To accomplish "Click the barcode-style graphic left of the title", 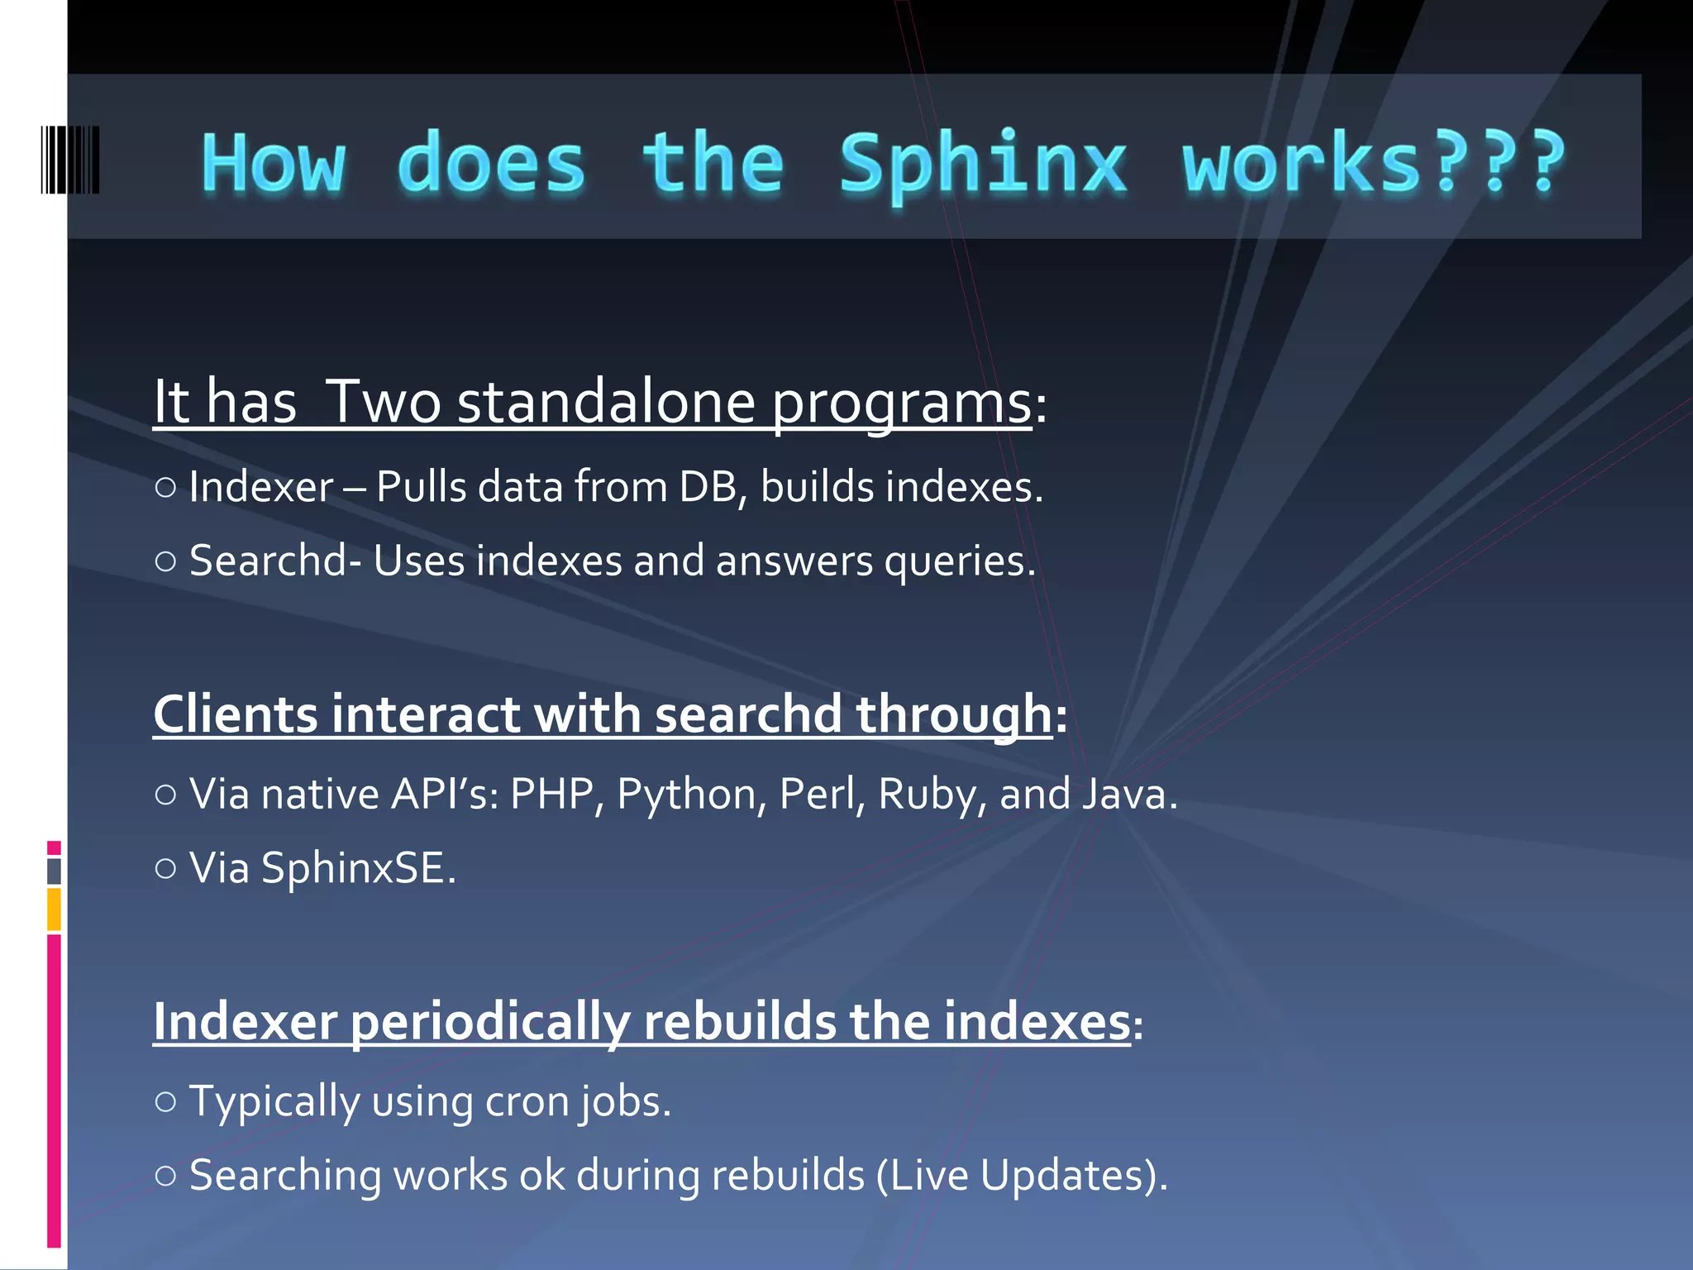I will click(x=70, y=160).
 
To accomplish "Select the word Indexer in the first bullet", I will click(x=260, y=487).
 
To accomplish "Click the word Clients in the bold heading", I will click(x=236, y=714).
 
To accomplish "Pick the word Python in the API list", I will click(x=686, y=795).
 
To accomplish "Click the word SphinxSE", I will click(x=357, y=868).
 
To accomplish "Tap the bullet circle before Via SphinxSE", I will click(x=165, y=868).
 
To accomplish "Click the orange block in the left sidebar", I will click(x=54, y=909).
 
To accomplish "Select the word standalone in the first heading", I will click(x=606, y=403).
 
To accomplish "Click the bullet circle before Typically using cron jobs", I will click(x=165, y=1101).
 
